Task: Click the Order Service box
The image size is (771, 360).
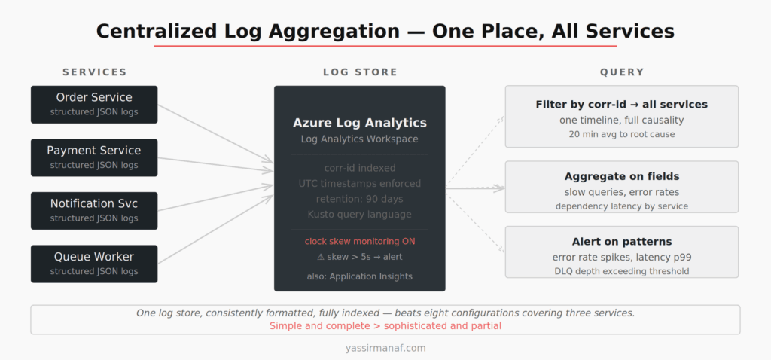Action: point(94,104)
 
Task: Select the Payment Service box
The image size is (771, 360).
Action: point(94,157)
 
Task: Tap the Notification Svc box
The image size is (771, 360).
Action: point(94,210)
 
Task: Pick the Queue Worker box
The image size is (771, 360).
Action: point(94,264)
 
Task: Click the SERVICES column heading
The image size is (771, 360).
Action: point(94,72)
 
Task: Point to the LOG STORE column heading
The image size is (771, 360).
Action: point(360,72)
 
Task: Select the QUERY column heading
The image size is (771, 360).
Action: point(622,72)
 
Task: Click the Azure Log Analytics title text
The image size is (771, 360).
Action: point(360,123)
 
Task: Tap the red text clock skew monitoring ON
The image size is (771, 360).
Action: point(360,241)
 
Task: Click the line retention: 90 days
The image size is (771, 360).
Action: point(360,199)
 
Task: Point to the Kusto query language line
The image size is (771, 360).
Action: point(360,214)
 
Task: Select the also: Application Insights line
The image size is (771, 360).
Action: point(360,276)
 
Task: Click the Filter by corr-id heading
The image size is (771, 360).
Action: point(622,105)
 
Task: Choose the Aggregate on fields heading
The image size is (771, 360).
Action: point(622,176)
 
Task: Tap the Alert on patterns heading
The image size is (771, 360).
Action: point(622,242)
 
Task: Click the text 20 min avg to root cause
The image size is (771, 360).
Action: point(622,134)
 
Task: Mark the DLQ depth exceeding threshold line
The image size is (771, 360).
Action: point(622,271)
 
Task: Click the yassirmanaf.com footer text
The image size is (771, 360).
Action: point(385,349)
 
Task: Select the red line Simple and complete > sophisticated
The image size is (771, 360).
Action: point(385,326)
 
